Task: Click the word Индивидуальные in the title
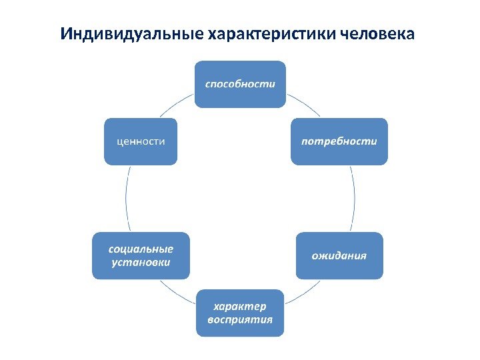(130, 33)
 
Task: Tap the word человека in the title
(377, 33)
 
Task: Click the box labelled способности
(240, 84)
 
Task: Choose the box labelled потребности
(339, 141)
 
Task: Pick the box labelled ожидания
(339, 255)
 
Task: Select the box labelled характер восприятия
(240, 313)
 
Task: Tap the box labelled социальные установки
(141, 255)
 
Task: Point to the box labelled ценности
(141, 141)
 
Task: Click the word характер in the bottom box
(240, 306)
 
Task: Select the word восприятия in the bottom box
(240, 319)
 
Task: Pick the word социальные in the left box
(141, 249)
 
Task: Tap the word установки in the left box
(141, 262)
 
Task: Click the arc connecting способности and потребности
(303, 106)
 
